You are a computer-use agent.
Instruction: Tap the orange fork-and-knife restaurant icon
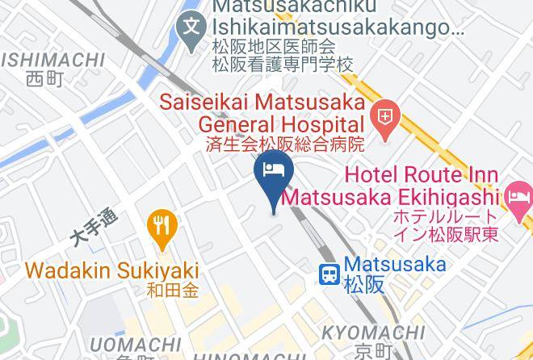coord(163,227)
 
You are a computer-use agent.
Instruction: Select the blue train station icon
coord(329,274)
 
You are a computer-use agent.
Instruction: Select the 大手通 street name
coord(94,228)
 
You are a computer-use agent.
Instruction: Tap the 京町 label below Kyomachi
coord(373,351)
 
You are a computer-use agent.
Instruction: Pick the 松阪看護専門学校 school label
coord(283,64)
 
